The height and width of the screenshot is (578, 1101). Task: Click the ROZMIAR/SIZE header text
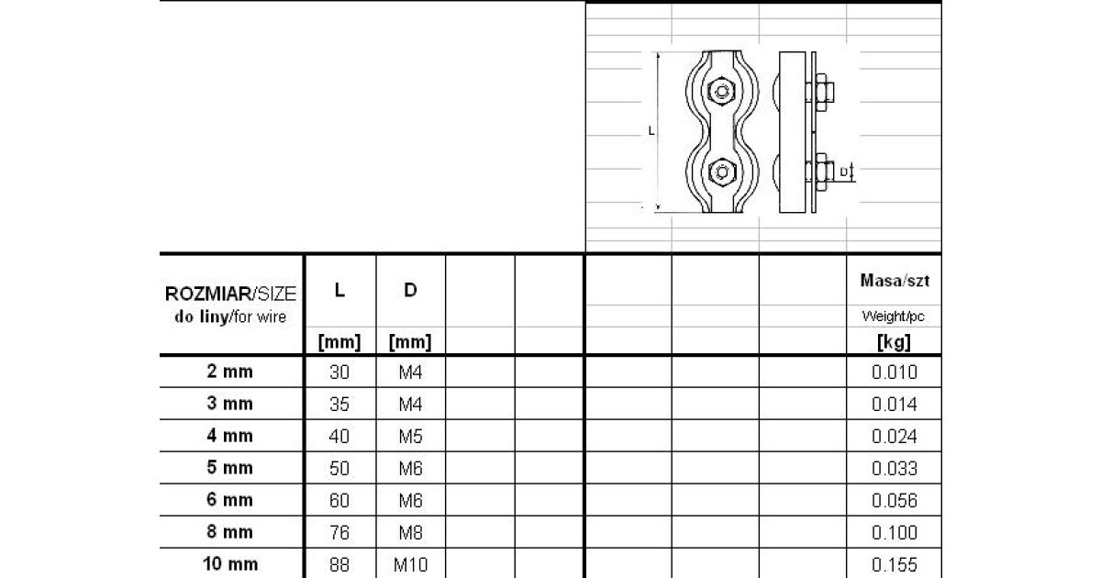(230, 294)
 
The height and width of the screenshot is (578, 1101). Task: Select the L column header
(339, 290)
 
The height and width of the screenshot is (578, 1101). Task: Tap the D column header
(410, 290)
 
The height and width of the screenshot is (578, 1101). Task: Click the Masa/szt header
(895, 280)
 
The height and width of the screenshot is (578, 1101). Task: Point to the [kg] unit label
(894, 342)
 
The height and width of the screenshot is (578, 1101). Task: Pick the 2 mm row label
(230, 371)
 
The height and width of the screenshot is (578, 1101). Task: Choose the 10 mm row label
(230, 563)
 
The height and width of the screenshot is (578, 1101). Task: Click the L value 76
(339, 532)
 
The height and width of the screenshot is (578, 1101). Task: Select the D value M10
(410, 565)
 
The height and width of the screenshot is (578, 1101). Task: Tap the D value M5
(410, 437)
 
